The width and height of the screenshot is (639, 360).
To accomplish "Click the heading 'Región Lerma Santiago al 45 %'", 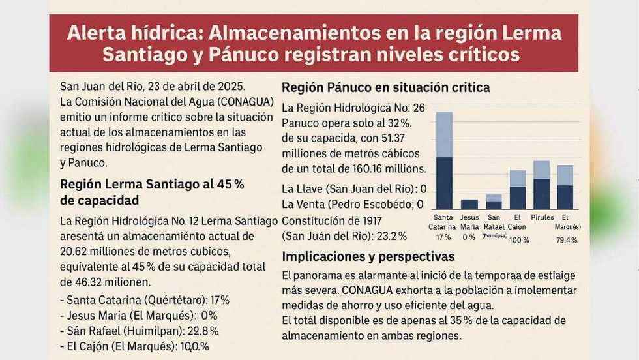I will tap(152, 185).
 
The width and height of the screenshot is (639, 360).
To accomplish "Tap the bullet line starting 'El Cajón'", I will tap(138, 347).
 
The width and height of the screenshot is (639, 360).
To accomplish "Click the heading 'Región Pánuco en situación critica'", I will tap(385, 87).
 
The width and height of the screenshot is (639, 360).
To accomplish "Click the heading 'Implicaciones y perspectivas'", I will tap(368, 256).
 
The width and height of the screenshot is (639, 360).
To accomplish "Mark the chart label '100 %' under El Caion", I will tap(517, 241).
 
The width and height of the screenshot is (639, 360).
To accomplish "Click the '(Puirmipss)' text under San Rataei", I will tap(494, 236).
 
